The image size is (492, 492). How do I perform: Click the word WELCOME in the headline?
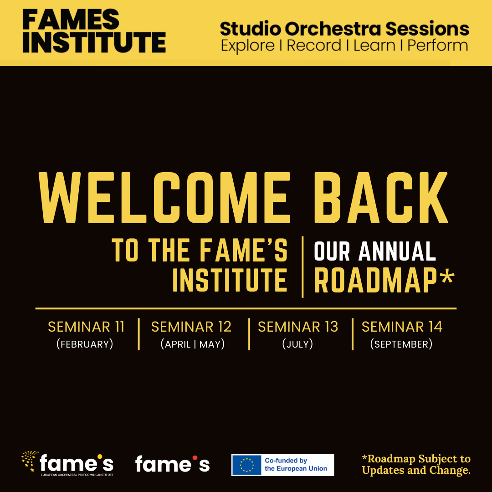coord(164,198)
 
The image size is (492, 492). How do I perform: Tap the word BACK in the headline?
coord(381,198)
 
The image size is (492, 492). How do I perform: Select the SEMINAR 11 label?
coord(86,327)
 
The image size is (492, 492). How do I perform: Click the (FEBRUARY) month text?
coord(85,344)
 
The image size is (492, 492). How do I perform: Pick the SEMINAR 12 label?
coord(191,327)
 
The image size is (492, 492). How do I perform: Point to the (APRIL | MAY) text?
coord(192,344)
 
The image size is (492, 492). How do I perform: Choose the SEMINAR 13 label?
coord(298,327)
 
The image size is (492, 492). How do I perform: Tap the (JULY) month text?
coord(297,344)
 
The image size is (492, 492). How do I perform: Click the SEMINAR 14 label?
coord(402,327)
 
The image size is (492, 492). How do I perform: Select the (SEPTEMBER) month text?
coord(401,344)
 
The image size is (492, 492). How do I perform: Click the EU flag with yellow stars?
coord(246,465)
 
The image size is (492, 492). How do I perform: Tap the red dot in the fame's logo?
coord(195,458)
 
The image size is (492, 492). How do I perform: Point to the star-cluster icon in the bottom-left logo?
coord(30,461)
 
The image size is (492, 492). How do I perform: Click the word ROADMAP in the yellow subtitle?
coord(375,280)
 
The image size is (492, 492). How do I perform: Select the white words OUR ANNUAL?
coord(375,251)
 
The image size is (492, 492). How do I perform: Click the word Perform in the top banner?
coord(438,46)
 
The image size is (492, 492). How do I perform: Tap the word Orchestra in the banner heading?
coord(333,29)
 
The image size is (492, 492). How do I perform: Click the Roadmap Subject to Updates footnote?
coord(416,464)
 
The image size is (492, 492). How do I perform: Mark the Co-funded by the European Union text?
coord(296,465)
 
